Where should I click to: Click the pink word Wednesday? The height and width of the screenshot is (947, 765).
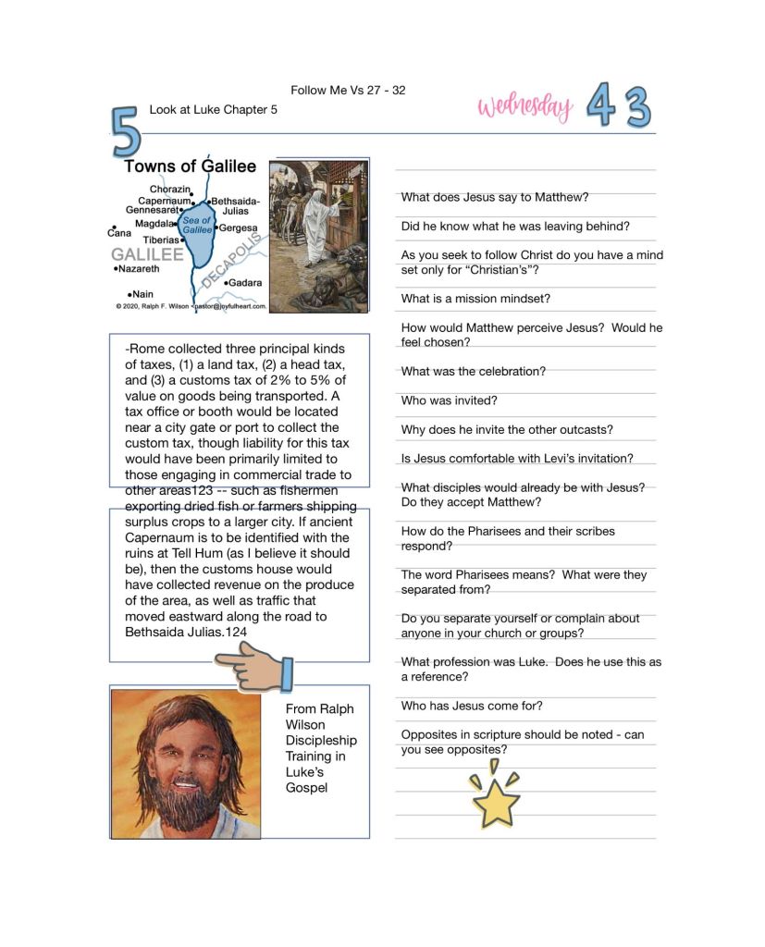[524, 107]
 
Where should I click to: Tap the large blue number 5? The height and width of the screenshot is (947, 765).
[127, 131]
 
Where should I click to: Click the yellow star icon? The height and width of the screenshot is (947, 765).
[496, 801]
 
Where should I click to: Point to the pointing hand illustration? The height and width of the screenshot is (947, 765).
[253, 668]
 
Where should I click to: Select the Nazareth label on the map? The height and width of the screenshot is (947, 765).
[137, 269]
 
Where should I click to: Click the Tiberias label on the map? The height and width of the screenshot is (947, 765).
[162, 240]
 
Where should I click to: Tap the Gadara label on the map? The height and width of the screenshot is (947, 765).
[244, 282]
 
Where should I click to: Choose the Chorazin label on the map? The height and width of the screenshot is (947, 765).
[169, 190]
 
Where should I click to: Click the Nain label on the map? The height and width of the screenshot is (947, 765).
[141, 293]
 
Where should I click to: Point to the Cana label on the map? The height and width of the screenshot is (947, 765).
[120, 234]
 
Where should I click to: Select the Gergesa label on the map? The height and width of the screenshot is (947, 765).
[238, 228]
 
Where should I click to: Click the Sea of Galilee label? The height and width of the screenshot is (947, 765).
[197, 225]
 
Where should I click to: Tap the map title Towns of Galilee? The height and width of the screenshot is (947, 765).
[190, 166]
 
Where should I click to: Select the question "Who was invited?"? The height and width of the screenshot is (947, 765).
[449, 400]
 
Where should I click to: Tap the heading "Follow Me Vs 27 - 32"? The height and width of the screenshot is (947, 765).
[348, 90]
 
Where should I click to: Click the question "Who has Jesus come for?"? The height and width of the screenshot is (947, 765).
[472, 706]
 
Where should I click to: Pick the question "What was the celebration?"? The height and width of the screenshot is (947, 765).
[473, 371]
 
